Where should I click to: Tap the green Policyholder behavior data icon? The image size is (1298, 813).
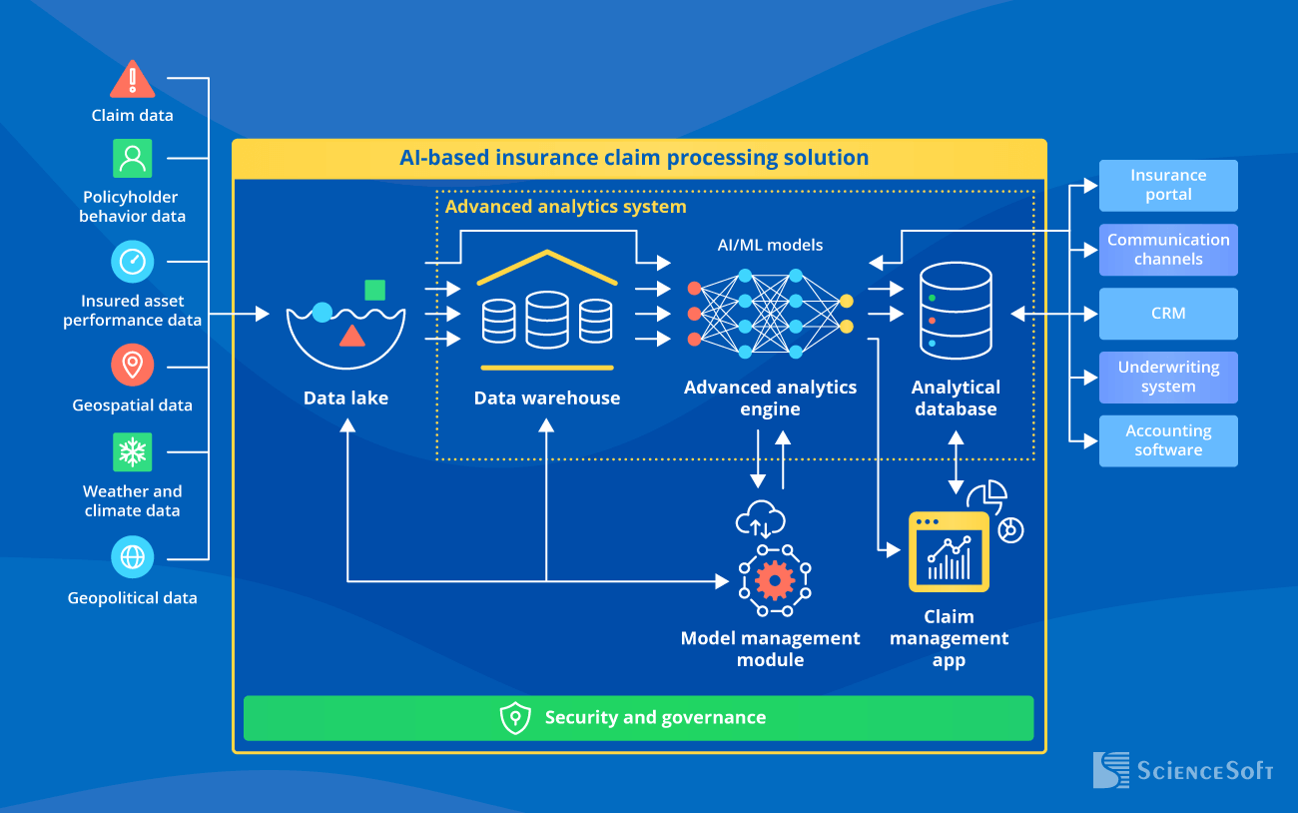tap(132, 158)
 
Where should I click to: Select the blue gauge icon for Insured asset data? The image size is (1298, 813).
tap(132, 262)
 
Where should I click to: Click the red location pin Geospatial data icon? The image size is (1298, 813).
tap(132, 366)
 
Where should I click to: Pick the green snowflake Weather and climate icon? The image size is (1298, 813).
tap(132, 452)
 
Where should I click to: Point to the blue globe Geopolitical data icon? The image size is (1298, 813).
tap(132, 557)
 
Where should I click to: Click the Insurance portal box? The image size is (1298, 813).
tap(1168, 185)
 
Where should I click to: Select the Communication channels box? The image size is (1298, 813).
tap(1168, 249)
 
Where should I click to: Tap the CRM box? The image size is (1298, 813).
tap(1168, 314)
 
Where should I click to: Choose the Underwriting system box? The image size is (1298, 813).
tap(1168, 377)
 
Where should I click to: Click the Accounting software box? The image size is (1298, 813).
tap(1168, 440)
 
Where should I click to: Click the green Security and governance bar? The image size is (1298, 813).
tap(639, 718)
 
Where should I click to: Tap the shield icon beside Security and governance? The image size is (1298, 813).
tap(515, 718)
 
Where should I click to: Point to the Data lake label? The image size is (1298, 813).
tap(345, 398)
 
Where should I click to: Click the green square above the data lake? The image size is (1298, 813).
tap(374, 290)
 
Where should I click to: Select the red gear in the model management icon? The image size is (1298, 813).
tap(775, 579)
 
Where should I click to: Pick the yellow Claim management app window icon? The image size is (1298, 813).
tap(949, 552)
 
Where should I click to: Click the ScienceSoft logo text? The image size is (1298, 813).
tap(1204, 771)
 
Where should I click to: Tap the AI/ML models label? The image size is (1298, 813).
tap(770, 245)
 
